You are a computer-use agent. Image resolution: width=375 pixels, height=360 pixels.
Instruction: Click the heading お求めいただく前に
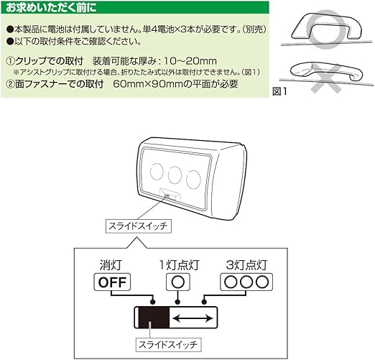pos(50,9)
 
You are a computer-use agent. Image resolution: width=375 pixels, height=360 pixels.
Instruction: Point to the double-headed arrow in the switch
pos(193,318)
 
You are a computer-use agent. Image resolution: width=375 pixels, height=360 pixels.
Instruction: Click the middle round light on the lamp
pos(175,175)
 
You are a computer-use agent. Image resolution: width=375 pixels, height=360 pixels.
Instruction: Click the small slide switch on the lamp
pos(167,196)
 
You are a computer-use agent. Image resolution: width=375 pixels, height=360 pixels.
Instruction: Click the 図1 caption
pos(281,91)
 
